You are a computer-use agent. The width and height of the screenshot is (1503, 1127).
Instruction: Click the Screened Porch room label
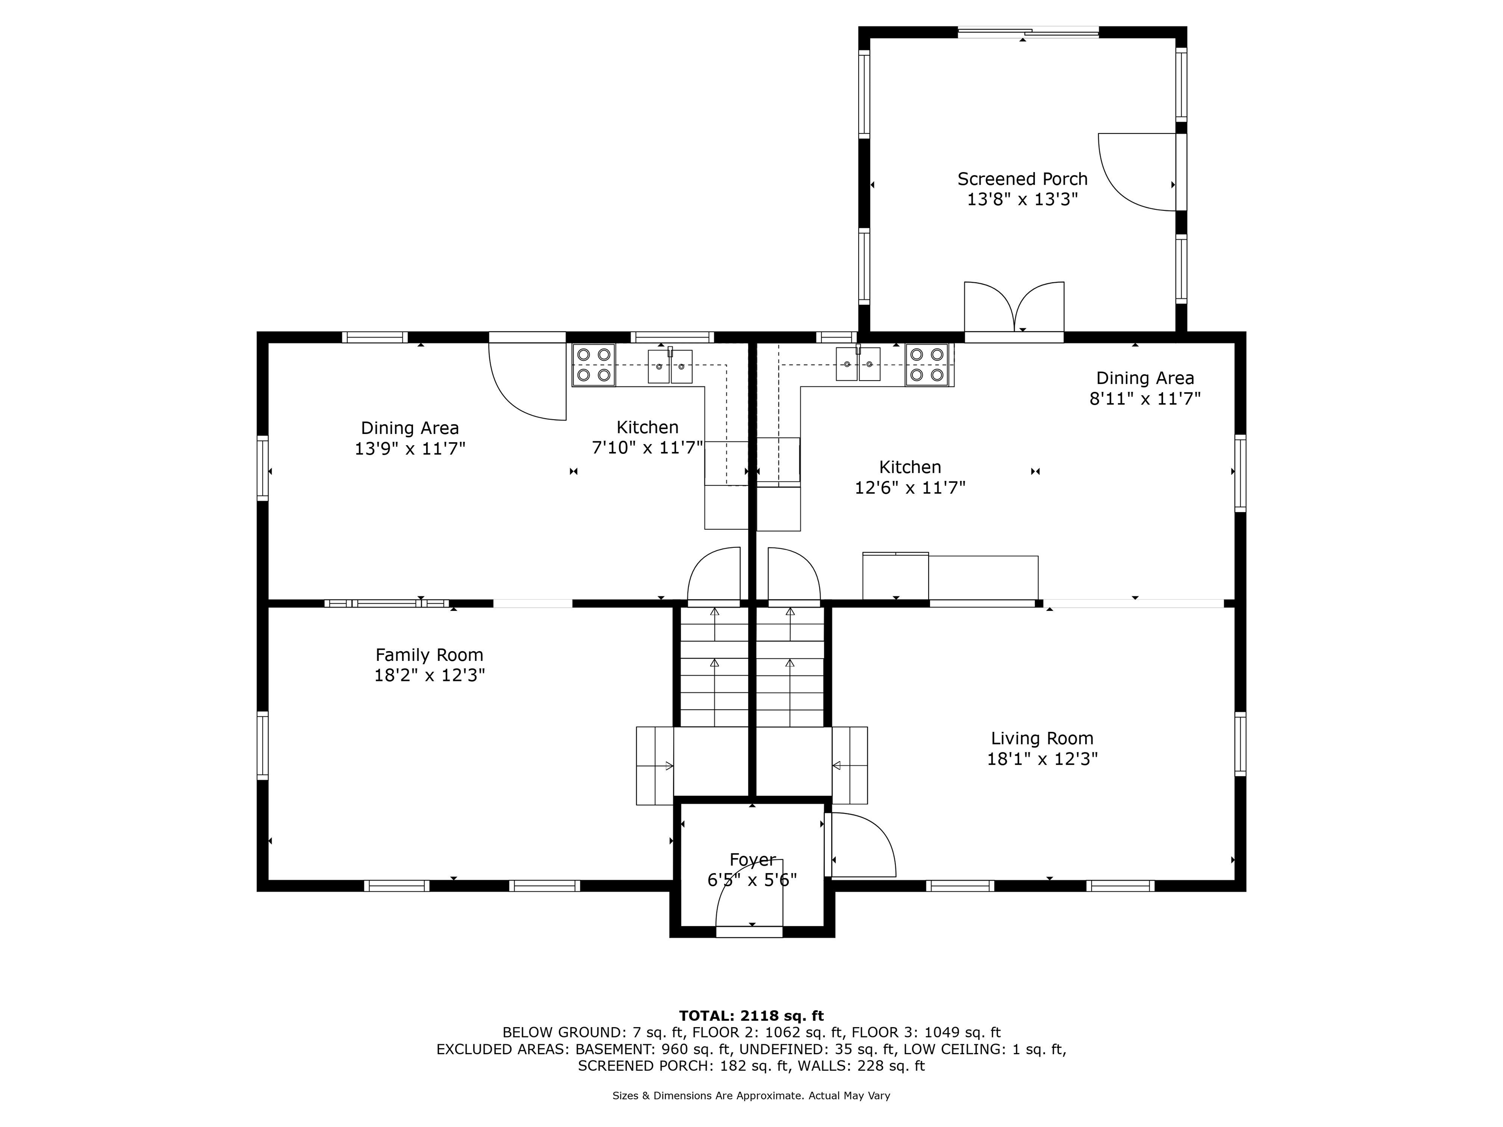[1023, 179]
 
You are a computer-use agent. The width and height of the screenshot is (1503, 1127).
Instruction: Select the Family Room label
[430, 655]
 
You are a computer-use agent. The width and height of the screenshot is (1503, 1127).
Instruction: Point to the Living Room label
[1042, 739]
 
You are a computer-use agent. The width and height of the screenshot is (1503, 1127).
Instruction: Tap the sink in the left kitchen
[670, 366]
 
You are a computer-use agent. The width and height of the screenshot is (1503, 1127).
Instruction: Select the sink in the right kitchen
[858, 363]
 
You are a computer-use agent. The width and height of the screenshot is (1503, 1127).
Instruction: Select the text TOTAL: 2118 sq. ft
[751, 1015]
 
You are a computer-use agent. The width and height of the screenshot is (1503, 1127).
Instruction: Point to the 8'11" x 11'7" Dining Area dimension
[1145, 399]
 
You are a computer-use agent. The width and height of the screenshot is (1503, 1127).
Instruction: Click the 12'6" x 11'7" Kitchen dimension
[911, 488]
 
